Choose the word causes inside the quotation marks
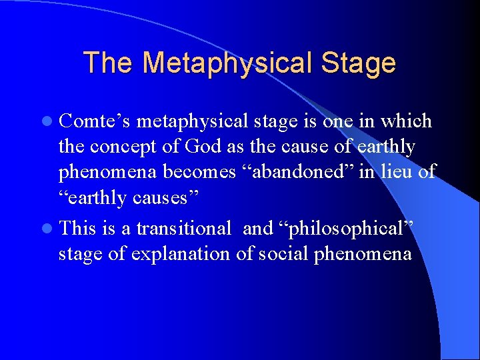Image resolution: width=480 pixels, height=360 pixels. click(x=161, y=197)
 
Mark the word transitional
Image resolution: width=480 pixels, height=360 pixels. click(x=184, y=229)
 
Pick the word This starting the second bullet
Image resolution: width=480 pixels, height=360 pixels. click(x=78, y=229)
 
